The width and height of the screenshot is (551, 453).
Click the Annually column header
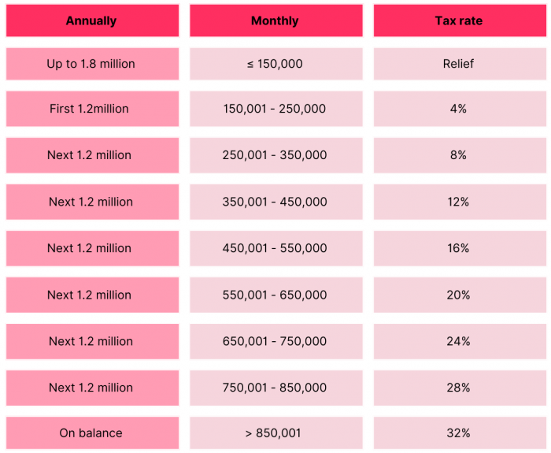pos(91,21)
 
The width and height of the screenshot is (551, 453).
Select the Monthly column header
pos(275,21)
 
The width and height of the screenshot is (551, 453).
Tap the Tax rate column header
pos(458,21)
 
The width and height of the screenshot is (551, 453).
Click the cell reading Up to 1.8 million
pos(91,64)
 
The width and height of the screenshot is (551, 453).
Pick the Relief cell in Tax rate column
pos(458,64)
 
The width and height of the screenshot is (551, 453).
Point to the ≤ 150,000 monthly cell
pos(275,64)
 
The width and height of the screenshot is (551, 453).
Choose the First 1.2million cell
pos(91,109)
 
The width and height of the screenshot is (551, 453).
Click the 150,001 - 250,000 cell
pos(275,109)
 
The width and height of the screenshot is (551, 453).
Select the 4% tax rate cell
pos(458,109)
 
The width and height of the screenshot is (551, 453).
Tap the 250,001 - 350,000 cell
pos(275,155)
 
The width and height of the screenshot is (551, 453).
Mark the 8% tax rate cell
pos(458,155)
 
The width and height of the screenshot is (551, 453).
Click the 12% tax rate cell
pos(458,202)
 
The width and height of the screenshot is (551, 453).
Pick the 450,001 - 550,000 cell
pos(275,248)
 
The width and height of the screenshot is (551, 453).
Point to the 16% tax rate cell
pos(458,248)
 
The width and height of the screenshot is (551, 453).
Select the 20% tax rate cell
pos(458,295)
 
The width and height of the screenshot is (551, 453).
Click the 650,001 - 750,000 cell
pos(275,341)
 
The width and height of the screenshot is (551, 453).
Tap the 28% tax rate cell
pos(458,388)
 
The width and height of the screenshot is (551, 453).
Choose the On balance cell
pos(91,433)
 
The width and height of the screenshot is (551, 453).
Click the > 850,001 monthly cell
pos(275,433)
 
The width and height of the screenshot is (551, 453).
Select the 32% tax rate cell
pos(458,433)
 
